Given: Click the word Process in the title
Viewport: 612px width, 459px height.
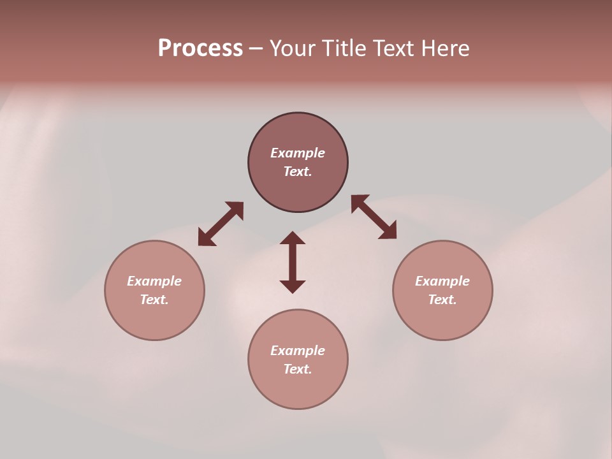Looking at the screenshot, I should pos(200,48).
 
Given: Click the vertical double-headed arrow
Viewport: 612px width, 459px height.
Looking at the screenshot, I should pos(293,262).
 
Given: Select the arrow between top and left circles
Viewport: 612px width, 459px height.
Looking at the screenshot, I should pos(221,224).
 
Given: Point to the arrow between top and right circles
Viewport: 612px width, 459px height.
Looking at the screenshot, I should pos(374,217).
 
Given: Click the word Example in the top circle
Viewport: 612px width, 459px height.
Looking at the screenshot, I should pos(298,153).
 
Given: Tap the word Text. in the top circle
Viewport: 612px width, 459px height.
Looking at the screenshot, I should pos(298,171).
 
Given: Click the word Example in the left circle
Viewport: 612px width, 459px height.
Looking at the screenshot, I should pos(154,281).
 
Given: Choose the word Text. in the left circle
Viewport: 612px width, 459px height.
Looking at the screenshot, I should pos(154,300).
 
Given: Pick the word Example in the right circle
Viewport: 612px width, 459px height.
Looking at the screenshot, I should pos(442,281).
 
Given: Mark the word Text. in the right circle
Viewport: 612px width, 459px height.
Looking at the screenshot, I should pos(442,300).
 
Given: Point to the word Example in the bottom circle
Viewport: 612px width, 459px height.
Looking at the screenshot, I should pos(298,351).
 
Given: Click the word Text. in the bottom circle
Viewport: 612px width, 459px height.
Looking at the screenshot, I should pos(298,369).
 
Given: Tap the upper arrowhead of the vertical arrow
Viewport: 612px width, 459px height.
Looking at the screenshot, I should pos(293,238).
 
